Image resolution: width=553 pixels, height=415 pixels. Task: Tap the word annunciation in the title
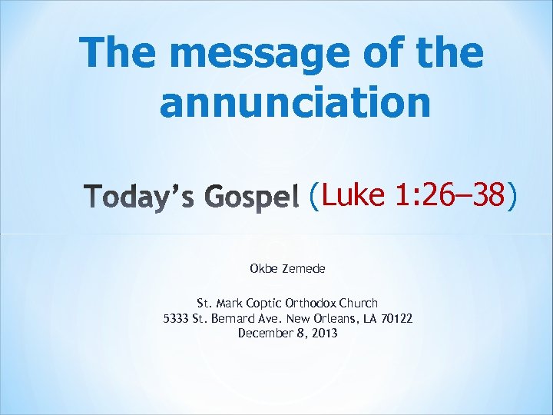coord(295,101)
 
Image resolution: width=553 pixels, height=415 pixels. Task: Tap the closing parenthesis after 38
coord(512,197)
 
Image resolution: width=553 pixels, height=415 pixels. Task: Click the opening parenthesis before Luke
coord(313,197)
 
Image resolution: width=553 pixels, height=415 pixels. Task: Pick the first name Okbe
coord(263,269)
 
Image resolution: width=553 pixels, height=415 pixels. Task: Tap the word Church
coord(359,304)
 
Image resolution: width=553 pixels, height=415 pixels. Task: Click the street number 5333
coord(177,318)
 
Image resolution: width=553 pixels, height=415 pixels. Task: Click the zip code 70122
coord(396,318)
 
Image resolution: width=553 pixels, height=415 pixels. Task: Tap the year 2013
coord(324,333)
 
